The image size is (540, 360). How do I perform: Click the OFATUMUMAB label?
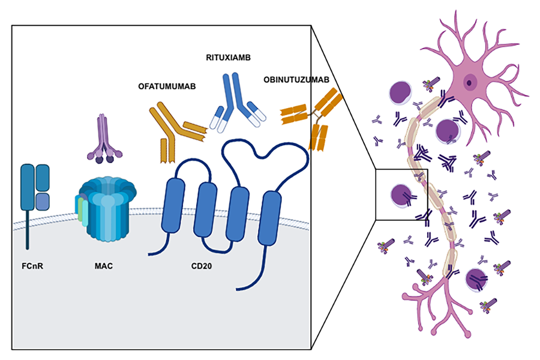click(164, 86)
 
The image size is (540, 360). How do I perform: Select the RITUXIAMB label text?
click(228, 57)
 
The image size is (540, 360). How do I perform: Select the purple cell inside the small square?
click(401, 194)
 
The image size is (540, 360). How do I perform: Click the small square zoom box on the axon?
click(401, 194)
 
